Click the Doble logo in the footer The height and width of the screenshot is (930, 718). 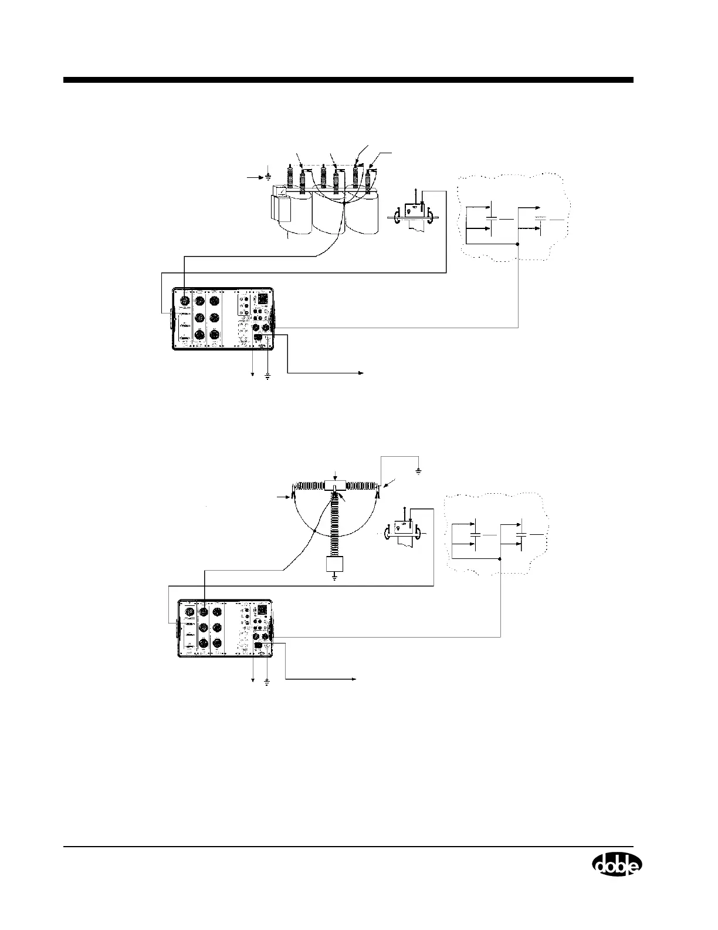click(x=617, y=864)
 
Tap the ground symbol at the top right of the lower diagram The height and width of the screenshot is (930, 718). click(x=418, y=471)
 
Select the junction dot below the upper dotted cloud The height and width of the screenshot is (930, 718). click(x=517, y=244)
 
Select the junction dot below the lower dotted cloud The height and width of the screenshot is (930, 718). click(x=499, y=559)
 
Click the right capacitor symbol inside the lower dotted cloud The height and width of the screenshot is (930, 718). click(x=519, y=534)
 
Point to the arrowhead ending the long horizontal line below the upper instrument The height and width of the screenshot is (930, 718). click(x=362, y=372)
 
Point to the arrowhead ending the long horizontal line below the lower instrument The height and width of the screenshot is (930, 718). click(x=355, y=679)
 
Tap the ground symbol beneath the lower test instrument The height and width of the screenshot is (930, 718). click(x=267, y=683)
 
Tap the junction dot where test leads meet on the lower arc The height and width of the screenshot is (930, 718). click(x=314, y=530)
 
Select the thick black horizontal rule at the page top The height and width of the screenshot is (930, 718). click(x=348, y=80)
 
